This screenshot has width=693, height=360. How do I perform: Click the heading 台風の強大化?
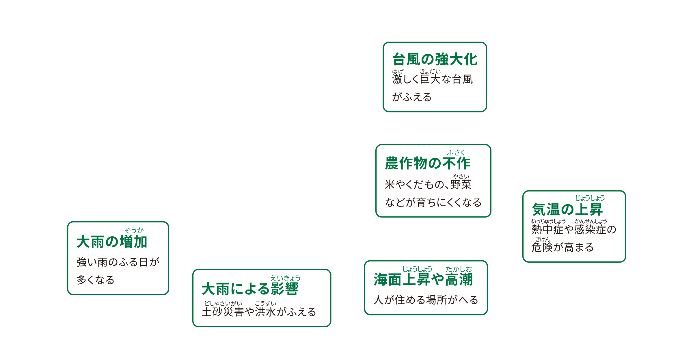435,60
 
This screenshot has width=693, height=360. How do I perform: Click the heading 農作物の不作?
428,163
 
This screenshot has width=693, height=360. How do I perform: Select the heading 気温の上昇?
567,209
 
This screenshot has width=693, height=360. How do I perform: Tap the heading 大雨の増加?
112,242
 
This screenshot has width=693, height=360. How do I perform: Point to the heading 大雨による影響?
250,289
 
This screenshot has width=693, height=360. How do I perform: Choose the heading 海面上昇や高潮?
423,279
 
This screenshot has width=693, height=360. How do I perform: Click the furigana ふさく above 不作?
456,152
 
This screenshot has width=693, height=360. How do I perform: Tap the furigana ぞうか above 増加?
134,230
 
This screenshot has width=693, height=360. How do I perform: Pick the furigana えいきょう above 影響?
285,278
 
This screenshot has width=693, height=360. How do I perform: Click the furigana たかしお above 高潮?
459,269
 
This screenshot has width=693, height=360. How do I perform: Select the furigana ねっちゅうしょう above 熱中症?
548,221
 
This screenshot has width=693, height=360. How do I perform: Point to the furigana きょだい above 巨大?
430,71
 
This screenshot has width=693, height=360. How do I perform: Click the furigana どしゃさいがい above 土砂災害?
223,303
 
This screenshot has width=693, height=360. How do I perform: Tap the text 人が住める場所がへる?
426,300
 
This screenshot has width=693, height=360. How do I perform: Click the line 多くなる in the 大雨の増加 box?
96,280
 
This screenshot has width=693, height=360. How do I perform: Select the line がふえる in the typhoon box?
412,97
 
